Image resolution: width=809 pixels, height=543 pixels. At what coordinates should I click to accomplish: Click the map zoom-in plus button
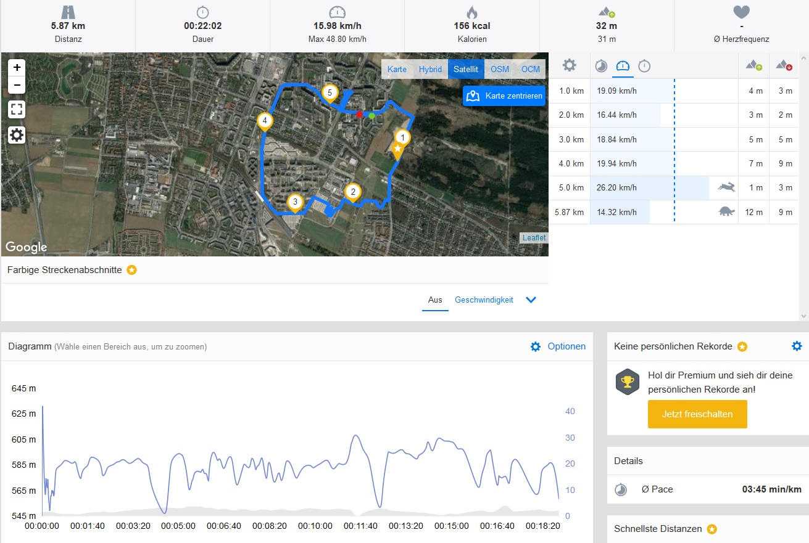click(x=17, y=67)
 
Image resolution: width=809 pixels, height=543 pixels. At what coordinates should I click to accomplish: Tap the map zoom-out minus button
click(x=17, y=85)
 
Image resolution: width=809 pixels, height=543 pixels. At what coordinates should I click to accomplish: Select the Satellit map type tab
click(x=466, y=69)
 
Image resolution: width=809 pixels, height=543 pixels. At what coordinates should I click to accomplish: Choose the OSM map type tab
click(x=500, y=69)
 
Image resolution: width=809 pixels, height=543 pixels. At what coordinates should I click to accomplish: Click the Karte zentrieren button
click(x=504, y=96)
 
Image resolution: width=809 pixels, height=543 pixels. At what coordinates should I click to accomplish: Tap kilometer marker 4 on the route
click(x=265, y=121)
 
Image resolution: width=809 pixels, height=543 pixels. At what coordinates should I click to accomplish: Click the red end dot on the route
click(x=359, y=114)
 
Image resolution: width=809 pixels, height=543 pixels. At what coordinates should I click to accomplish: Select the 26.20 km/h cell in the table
click(x=617, y=187)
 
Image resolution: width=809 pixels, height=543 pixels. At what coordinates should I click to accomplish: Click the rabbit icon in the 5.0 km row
click(x=726, y=187)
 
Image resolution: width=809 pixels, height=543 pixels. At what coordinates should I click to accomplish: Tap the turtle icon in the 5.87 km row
click(x=726, y=212)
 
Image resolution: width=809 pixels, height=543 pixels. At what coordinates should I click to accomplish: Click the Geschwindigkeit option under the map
click(x=484, y=300)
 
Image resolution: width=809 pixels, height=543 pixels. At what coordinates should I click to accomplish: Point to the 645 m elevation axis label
click(x=23, y=388)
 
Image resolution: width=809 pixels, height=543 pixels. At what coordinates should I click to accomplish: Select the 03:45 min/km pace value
click(x=771, y=489)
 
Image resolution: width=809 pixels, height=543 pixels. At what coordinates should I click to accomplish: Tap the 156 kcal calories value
click(x=472, y=26)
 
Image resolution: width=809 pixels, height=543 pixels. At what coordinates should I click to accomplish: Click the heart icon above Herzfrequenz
click(x=741, y=12)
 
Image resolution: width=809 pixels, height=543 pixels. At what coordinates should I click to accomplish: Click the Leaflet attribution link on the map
click(x=534, y=238)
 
